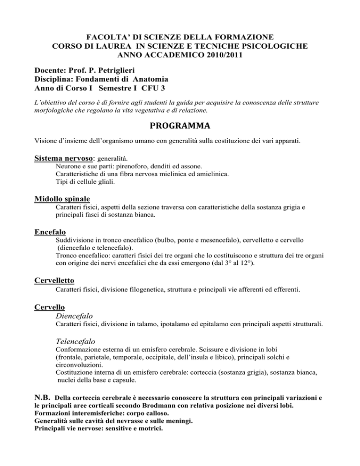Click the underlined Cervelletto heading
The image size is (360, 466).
click(x=57, y=280)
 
